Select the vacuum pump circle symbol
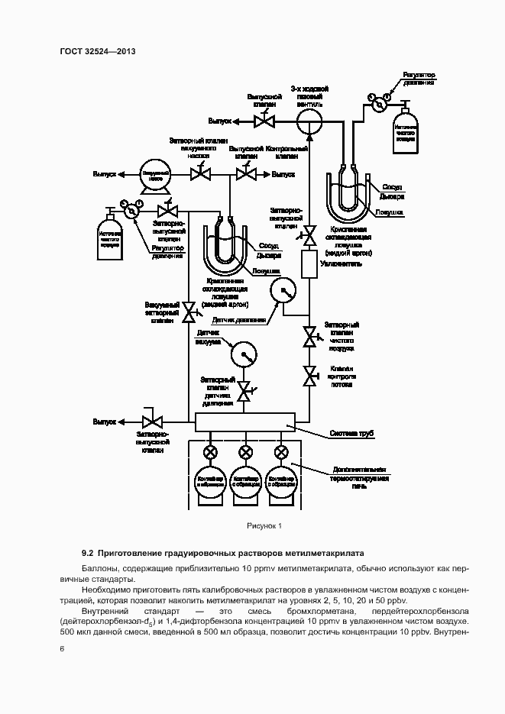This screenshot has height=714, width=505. (x=154, y=174)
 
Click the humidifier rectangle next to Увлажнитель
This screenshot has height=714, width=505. (x=311, y=264)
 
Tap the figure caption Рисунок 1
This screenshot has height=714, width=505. (x=264, y=525)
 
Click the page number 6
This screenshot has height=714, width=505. (x=62, y=648)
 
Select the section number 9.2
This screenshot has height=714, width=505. (x=87, y=552)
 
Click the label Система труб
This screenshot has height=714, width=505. (x=351, y=434)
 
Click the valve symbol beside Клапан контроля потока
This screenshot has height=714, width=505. (x=311, y=375)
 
